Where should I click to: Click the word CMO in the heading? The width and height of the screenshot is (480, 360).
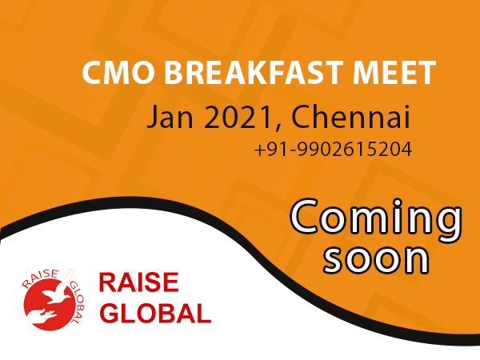[118, 72]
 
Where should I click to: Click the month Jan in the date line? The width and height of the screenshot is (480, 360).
[170, 118]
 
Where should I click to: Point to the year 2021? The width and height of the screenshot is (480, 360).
[238, 118]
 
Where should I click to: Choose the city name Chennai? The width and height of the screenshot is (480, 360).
[350, 117]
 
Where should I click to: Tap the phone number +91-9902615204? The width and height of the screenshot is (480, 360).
[333, 150]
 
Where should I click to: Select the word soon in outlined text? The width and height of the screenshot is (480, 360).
[376, 259]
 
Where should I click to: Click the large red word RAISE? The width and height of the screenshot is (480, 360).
[139, 282]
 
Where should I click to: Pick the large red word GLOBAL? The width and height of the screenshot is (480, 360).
[156, 313]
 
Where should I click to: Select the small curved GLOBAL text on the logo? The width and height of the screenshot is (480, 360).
[78, 302]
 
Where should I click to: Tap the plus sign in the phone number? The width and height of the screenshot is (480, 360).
[259, 150]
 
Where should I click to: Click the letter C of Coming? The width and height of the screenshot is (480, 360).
[306, 217]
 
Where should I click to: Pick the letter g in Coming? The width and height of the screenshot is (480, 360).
[447, 226]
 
